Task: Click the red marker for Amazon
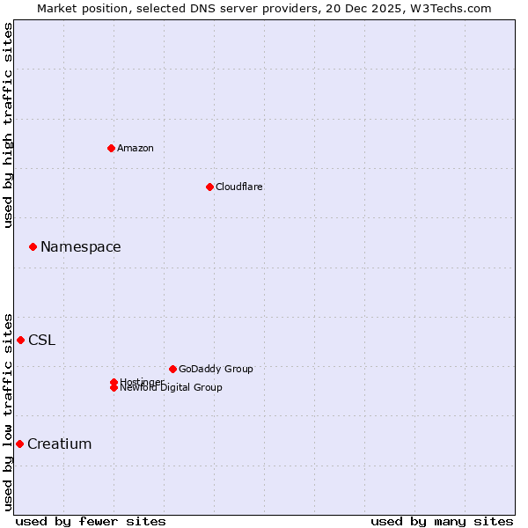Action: point(111,148)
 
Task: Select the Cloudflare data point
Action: point(209,187)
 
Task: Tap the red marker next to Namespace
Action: point(33,247)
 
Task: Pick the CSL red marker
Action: point(20,340)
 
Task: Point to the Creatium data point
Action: point(19,444)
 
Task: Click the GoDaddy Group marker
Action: point(172,369)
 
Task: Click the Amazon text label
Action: point(136,148)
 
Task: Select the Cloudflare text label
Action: point(239,187)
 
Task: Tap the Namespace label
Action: point(81,247)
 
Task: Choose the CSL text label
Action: point(41,341)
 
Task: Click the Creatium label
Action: point(60,444)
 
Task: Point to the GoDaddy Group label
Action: point(216,369)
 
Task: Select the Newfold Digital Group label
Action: point(172,388)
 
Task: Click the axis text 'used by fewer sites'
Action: point(91,522)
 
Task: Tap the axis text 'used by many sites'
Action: point(442,522)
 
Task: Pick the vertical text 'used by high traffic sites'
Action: point(8,125)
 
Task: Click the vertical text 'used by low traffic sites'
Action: point(8,411)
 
